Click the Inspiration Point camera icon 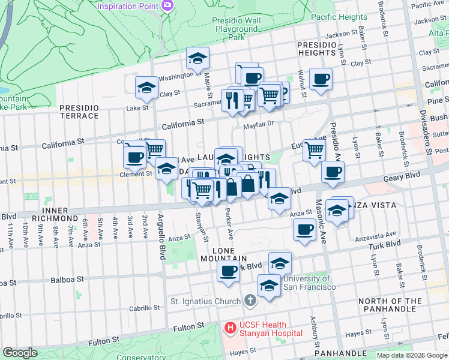tap(167, 6)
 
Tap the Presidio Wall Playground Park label tap(237, 29)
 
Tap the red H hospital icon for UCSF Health tap(229, 328)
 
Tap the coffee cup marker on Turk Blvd tap(228, 271)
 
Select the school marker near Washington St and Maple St tap(197, 58)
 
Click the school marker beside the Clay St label tap(146, 88)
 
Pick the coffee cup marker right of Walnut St tap(321, 79)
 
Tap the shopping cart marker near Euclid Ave tap(313, 150)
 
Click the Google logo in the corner tap(20, 353)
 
